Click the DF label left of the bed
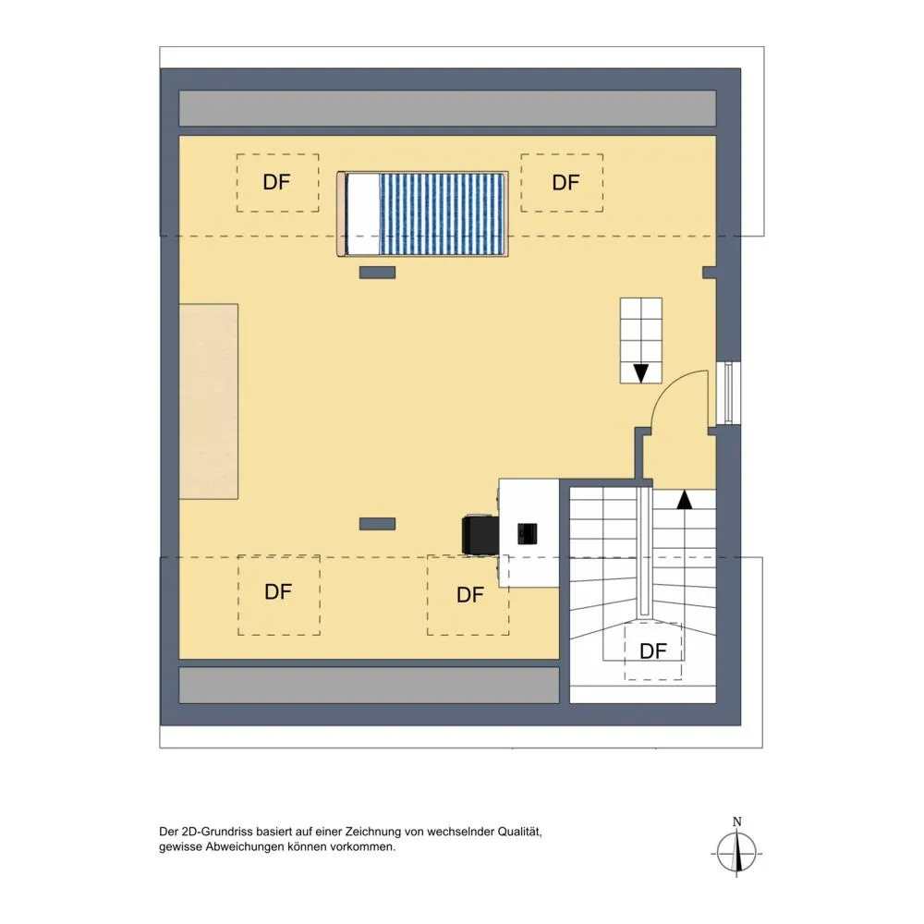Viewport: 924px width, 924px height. coord(276,182)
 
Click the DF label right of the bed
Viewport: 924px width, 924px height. coord(565,183)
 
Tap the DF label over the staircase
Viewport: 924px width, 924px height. coord(653,651)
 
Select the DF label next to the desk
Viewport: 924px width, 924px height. coord(470,594)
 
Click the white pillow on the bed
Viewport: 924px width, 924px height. coord(363,214)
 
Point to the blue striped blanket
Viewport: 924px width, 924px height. coord(443,214)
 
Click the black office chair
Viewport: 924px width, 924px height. coord(480,534)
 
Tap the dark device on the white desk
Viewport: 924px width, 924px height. coord(528,533)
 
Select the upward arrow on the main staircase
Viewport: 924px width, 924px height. coord(684,500)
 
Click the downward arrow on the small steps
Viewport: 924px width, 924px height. coord(641,373)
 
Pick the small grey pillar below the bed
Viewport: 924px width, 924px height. coord(378,273)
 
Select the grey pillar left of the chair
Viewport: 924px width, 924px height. coord(378,523)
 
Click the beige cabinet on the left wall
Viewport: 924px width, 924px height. coord(209,401)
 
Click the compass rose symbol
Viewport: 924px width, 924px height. coord(736,853)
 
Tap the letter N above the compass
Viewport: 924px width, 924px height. coord(736,821)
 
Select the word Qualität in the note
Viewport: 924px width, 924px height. coord(519,833)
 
